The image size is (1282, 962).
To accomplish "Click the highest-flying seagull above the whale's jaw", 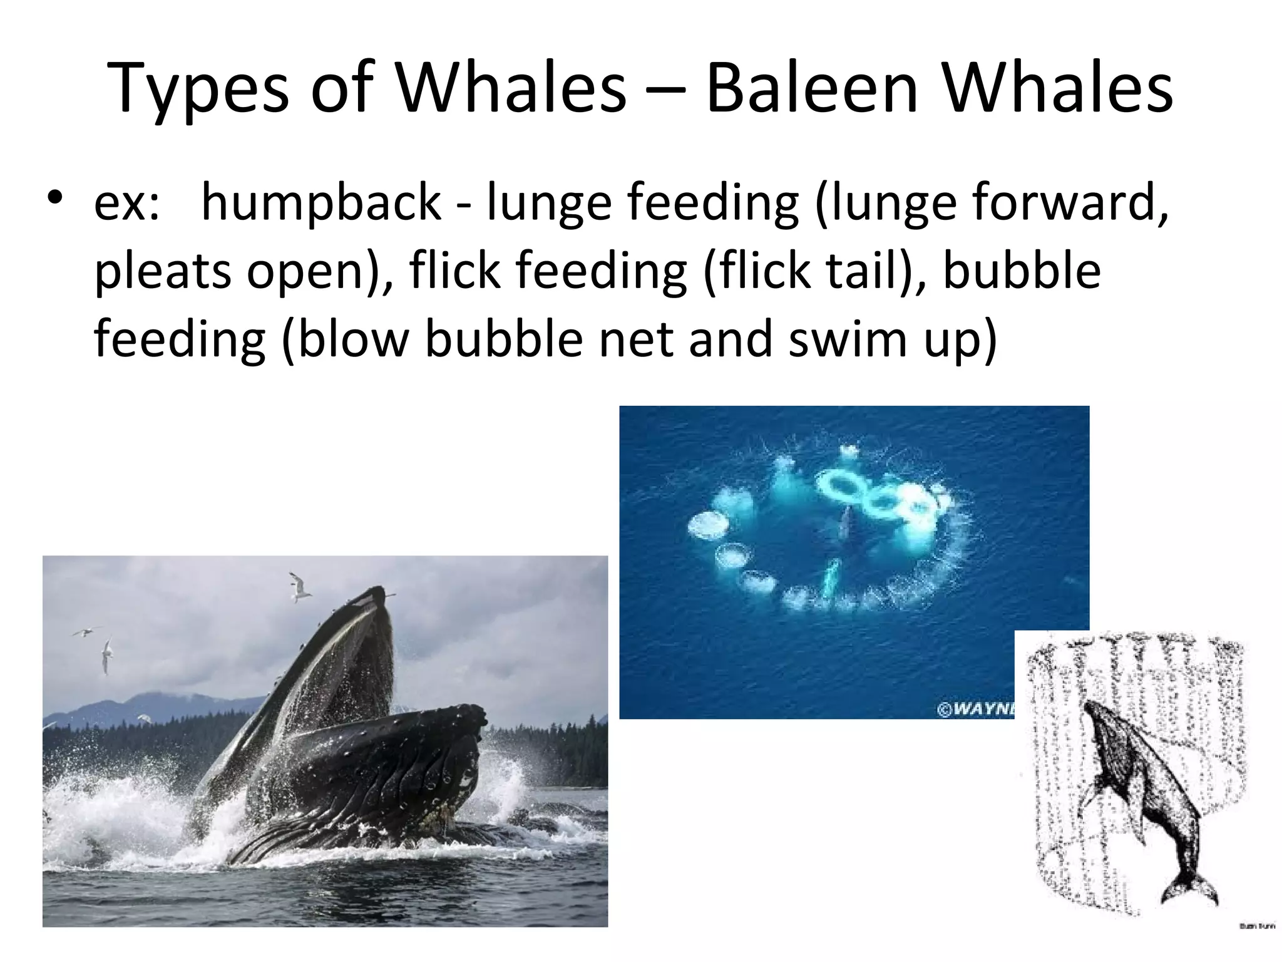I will (x=300, y=586).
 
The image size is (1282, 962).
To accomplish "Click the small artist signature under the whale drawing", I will (x=1255, y=926).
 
